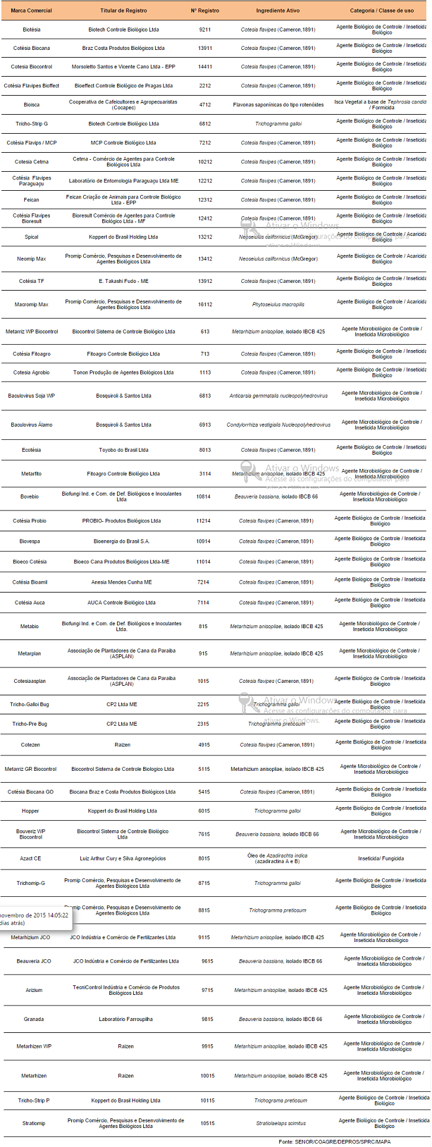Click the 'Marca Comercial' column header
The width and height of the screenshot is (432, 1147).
[31, 11]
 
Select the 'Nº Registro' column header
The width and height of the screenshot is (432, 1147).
[205, 11]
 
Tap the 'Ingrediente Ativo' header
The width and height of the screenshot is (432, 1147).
[278, 11]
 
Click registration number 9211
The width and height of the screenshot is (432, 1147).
[205, 29]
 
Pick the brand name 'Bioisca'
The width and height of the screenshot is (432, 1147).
[31, 105]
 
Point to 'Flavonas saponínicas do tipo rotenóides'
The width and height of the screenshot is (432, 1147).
[278, 105]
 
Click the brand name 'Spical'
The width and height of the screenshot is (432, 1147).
[31, 237]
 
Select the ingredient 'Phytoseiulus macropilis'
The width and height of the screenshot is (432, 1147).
[278, 304]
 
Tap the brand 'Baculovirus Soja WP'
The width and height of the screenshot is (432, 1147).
[31, 396]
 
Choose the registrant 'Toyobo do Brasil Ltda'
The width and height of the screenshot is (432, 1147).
[124, 450]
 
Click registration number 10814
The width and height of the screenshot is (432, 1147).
[203, 497]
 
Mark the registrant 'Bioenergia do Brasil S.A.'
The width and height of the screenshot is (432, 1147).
[122, 541]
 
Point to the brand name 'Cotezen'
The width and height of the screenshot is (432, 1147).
[30, 745]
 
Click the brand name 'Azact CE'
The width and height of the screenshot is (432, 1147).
[30, 858]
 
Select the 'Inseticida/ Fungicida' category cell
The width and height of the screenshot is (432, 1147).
[381, 858]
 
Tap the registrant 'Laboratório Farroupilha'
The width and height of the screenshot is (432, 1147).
[126, 1019]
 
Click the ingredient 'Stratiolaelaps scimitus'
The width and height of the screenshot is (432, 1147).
[281, 1123]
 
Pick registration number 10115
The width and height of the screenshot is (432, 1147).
[207, 1101]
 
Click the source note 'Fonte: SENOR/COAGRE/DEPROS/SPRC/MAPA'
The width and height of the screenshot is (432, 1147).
[335, 1142]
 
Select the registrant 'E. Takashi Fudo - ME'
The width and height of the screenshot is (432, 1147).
[124, 281]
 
